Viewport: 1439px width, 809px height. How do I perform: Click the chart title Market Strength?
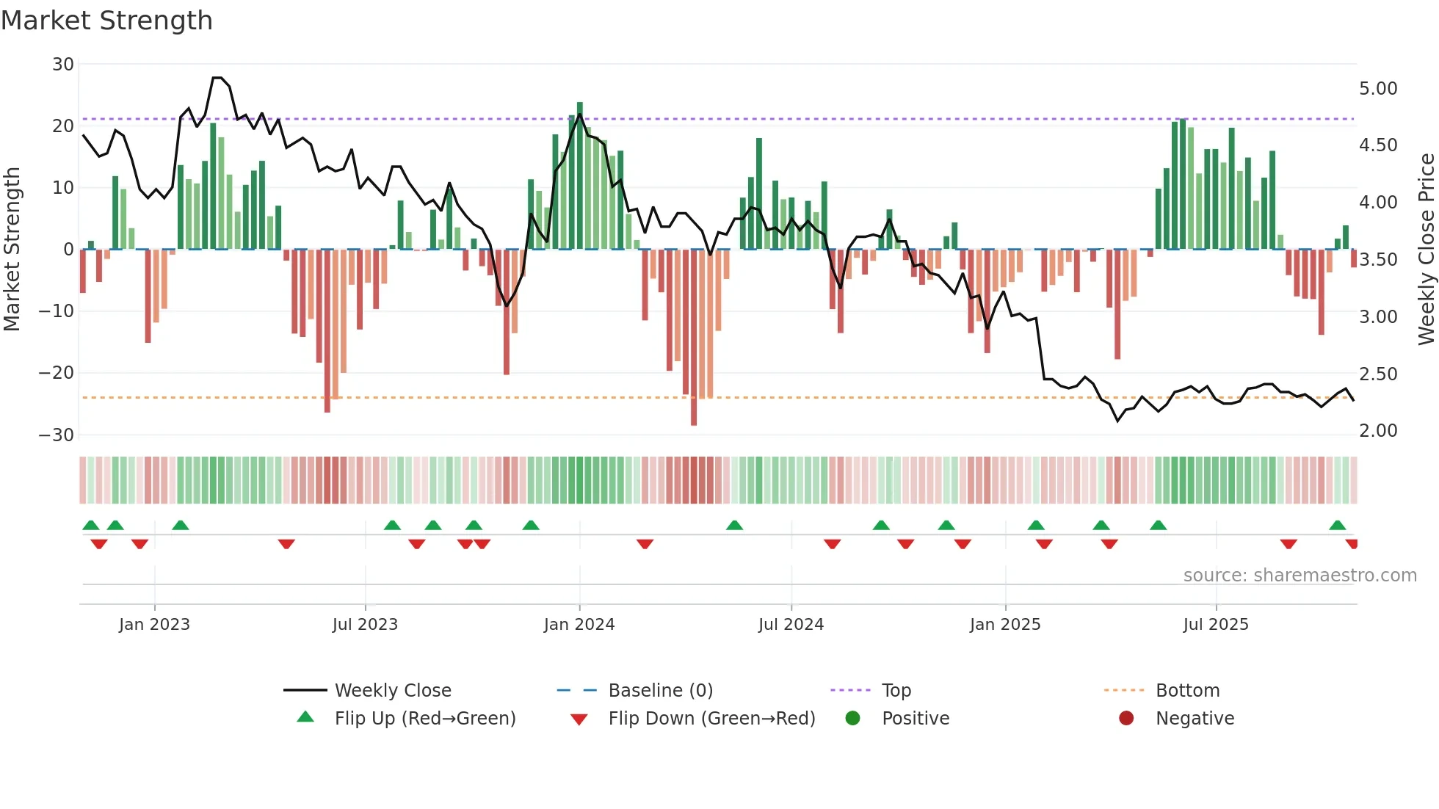(106, 21)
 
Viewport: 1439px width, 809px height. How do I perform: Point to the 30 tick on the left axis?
(62, 65)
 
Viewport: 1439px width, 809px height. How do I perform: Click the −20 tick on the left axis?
(57, 373)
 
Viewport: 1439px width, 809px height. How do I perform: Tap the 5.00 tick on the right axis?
(1378, 89)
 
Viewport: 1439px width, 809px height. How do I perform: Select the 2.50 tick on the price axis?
(1378, 374)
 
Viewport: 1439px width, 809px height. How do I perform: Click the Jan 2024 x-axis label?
(579, 625)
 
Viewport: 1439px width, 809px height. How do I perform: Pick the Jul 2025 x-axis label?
(1215, 625)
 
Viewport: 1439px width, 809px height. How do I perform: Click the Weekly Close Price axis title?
(1426, 250)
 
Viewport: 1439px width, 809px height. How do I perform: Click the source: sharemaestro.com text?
(1300, 576)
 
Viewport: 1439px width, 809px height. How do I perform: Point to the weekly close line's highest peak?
(217, 78)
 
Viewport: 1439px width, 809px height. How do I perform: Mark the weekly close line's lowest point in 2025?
(1118, 421)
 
